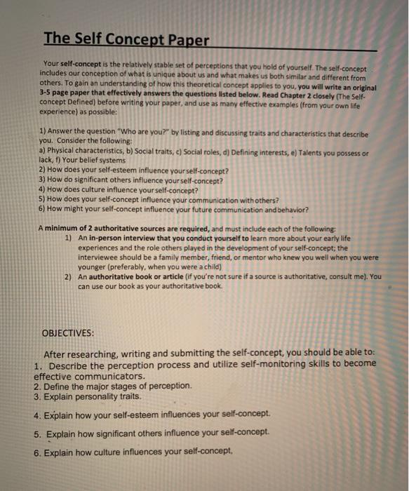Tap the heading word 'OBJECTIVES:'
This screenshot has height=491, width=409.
click(69, 332)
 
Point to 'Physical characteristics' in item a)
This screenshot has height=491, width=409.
click(73, 152)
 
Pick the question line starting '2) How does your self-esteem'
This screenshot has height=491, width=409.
click(133, 170)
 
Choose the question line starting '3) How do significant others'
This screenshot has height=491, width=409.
click(133, 179)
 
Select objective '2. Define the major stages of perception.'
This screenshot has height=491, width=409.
click(112, 386)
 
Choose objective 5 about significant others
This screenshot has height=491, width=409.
click(151, 433)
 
